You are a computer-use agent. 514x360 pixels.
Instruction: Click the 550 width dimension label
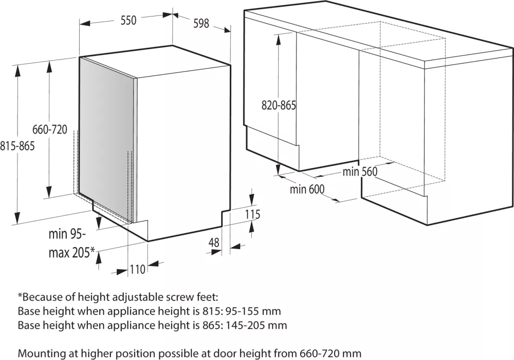coord(128,21)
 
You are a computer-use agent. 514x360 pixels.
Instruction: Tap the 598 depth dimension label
coord(201,23)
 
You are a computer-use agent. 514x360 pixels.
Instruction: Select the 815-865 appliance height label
coord(17,146)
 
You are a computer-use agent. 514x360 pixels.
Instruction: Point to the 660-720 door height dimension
coord(49,129)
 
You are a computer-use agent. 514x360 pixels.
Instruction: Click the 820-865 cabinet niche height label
coord(279,105)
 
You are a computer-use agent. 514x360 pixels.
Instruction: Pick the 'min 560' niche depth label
coord(360,172)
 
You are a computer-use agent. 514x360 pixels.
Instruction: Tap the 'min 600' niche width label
coord(307,189)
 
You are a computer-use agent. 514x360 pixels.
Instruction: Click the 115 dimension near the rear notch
coord(253,214)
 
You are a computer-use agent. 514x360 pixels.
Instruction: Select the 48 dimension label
coord(214,243)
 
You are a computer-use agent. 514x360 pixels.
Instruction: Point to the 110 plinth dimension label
coord(137,270)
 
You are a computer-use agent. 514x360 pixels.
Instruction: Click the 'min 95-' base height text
coord(67,234)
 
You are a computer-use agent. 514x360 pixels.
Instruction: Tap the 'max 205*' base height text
coord(72,253)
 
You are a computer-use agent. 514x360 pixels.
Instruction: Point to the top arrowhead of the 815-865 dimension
coord(17,71)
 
